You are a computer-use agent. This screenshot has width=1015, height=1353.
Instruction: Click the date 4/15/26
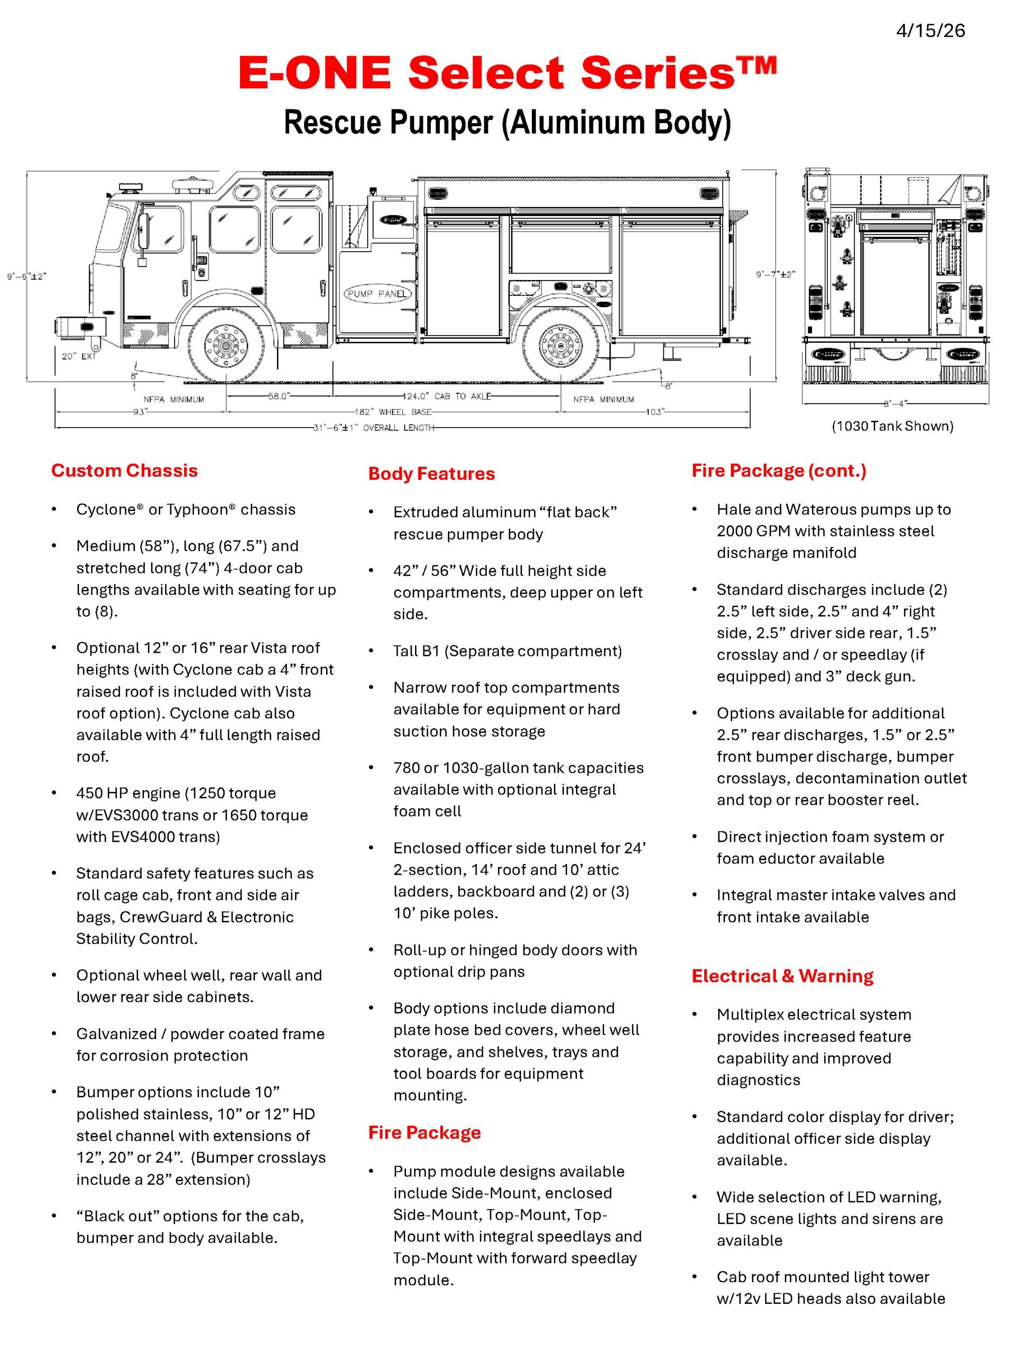click(930, 31)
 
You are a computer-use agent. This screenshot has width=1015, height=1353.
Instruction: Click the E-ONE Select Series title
click(507, 73)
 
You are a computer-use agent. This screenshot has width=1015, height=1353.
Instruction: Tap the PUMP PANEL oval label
click(377, 294)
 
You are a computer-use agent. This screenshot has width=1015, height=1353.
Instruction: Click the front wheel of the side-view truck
click(226, 346)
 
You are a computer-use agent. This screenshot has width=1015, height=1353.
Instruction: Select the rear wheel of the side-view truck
click(561, 346)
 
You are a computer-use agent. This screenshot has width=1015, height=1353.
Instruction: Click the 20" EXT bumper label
click(79, 356)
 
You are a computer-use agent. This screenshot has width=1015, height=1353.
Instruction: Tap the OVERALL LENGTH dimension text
click(374, 428)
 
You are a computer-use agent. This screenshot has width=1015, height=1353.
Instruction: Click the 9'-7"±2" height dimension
click(775, 275)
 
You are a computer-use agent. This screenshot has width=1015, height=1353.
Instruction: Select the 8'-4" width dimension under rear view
click(896, 404)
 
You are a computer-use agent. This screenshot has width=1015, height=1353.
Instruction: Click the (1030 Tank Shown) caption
click(892, 427)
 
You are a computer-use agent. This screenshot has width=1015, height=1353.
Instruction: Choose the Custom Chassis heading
click(125, 470)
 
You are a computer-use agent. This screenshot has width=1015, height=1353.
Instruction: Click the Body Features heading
click(431, 474)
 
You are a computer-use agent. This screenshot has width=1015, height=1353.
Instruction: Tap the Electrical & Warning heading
click(782, 976)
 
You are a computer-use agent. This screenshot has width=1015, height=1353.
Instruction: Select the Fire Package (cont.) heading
click(779, 470)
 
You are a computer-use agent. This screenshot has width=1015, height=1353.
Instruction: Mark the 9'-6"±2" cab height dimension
click(27, 276)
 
